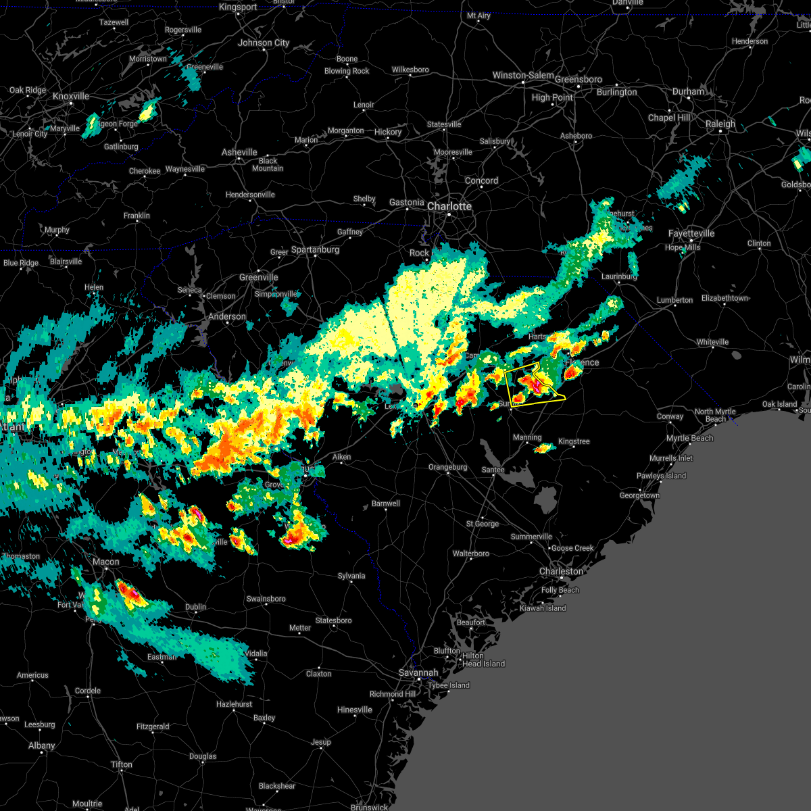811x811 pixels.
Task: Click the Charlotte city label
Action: point(449,206)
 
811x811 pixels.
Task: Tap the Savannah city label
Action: point(418,672)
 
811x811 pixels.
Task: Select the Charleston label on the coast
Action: point(560,571)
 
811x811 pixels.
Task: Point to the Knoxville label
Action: point(70,97)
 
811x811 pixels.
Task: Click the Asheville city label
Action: point(239,152)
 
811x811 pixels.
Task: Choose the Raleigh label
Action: point(720,124)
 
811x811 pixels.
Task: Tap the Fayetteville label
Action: point(691,233)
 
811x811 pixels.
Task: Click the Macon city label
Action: point(105,562)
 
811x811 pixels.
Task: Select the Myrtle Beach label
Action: point(689,438)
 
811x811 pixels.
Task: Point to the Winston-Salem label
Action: point(523,75)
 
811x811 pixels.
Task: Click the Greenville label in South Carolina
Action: point(258,277)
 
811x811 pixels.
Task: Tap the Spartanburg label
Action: point(315,249)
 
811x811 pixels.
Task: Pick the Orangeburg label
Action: point(447,467)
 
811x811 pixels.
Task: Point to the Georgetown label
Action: point(639,495)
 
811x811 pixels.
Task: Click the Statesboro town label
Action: point(333,620)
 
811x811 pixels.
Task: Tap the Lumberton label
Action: point(674,300)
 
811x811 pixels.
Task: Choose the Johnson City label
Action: point(264,43)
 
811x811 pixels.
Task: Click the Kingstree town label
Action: point(573,441)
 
